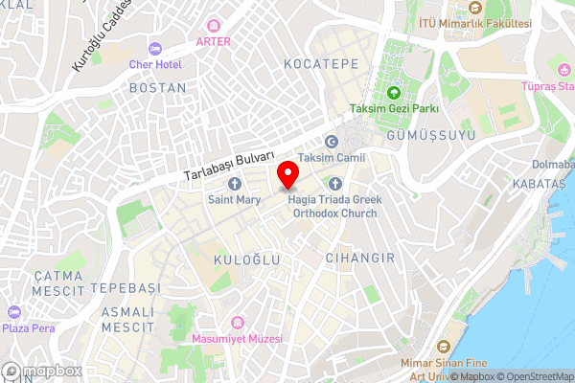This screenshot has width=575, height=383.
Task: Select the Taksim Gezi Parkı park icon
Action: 393,93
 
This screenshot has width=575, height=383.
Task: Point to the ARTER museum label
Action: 213,40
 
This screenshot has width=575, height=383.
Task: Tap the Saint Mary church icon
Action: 234,184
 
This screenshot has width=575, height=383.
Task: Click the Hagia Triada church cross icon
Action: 334,184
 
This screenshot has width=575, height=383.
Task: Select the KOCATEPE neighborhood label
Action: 321,62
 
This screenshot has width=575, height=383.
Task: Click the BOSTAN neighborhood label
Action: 156,87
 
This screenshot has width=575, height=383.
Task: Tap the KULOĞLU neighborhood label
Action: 249,259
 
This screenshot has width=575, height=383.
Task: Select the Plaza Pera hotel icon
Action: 13,312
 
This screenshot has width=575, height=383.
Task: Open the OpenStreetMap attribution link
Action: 534,376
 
